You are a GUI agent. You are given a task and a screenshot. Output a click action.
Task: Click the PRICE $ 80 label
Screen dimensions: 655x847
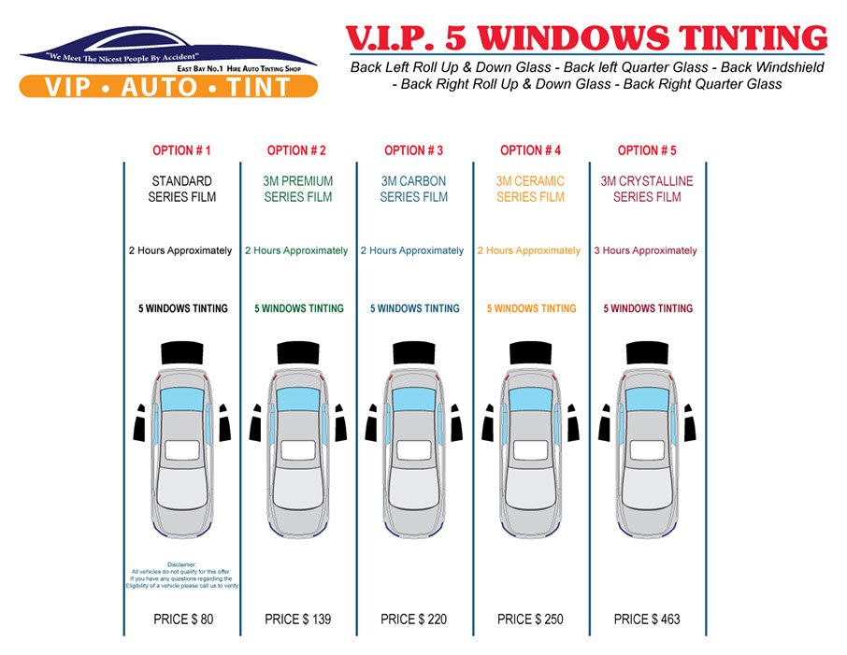pyautogui.click(x=182, y=619)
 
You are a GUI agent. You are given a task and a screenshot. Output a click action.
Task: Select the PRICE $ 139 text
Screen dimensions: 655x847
pyautogui.click(x=298, y=619)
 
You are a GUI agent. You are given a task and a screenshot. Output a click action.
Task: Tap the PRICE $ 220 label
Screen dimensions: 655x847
pyautogui.click(x=414, y=619)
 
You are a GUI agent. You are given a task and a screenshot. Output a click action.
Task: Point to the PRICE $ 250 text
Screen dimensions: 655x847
pyautogui.click(x=530, y=619)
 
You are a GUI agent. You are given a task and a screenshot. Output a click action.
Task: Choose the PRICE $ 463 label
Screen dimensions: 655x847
pyautogui.click(x=647, y=619)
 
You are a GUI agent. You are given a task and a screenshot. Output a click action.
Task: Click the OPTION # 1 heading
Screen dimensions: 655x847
pyautogui.click(x=181, y=150)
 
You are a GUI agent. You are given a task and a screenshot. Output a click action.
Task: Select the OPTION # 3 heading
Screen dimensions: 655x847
pyautogui.click(x=413, y=150)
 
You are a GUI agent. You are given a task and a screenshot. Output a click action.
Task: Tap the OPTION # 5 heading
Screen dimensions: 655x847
pyautogui.click(x=647, y=150)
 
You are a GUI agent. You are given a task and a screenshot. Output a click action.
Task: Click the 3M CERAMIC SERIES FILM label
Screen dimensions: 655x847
pyautogui.click(x=530, y=189)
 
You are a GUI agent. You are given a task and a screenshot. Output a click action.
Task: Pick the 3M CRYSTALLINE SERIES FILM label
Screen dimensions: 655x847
pyautogui.click(x=647, y=189)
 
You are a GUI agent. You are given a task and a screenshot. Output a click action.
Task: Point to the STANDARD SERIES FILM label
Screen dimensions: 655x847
pyautogui.click(x=181, y=189)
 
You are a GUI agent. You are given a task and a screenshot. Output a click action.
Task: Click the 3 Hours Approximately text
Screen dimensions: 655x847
pyautogui.click(x=646, y=250)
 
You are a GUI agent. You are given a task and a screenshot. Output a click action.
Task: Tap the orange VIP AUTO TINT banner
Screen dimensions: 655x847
pyautogui.click(x=168, y=87)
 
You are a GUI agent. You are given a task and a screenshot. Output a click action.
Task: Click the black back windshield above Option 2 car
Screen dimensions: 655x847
pyautogui.click(x=298, y=352)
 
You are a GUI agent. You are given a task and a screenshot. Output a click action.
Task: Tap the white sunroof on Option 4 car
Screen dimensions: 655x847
pyautogui.click(x=530, y=449)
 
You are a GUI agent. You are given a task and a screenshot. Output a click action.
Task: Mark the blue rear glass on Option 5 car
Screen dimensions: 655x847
pyautogui.click(x=647, y=400)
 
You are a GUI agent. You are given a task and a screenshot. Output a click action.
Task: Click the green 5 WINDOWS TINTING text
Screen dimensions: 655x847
pyautogui.click(x=298, y=308)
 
